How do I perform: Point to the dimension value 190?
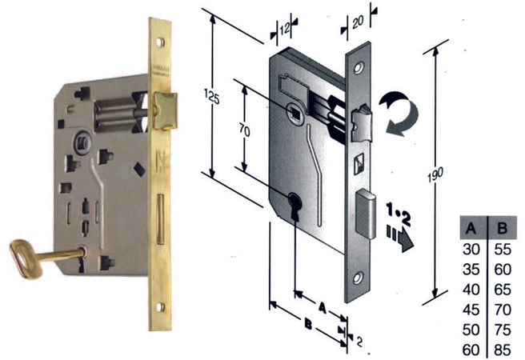point(435,174)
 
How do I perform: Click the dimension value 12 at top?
point(284,30)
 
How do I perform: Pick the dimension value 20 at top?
point(358,22)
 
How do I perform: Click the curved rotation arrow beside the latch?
point(399,114)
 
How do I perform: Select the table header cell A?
point(471,228)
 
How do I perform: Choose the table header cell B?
point(503,228)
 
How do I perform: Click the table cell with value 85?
point(503,350)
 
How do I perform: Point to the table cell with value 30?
point(471,250)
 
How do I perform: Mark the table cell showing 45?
point(471,310)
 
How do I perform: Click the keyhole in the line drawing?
point(295,206)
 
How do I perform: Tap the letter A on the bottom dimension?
point(322,308)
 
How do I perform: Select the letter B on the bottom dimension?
point(308,324)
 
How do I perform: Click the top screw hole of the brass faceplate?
point(160,42)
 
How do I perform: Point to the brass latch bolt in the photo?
point(165,110)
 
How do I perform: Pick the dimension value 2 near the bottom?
point(359,342)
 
